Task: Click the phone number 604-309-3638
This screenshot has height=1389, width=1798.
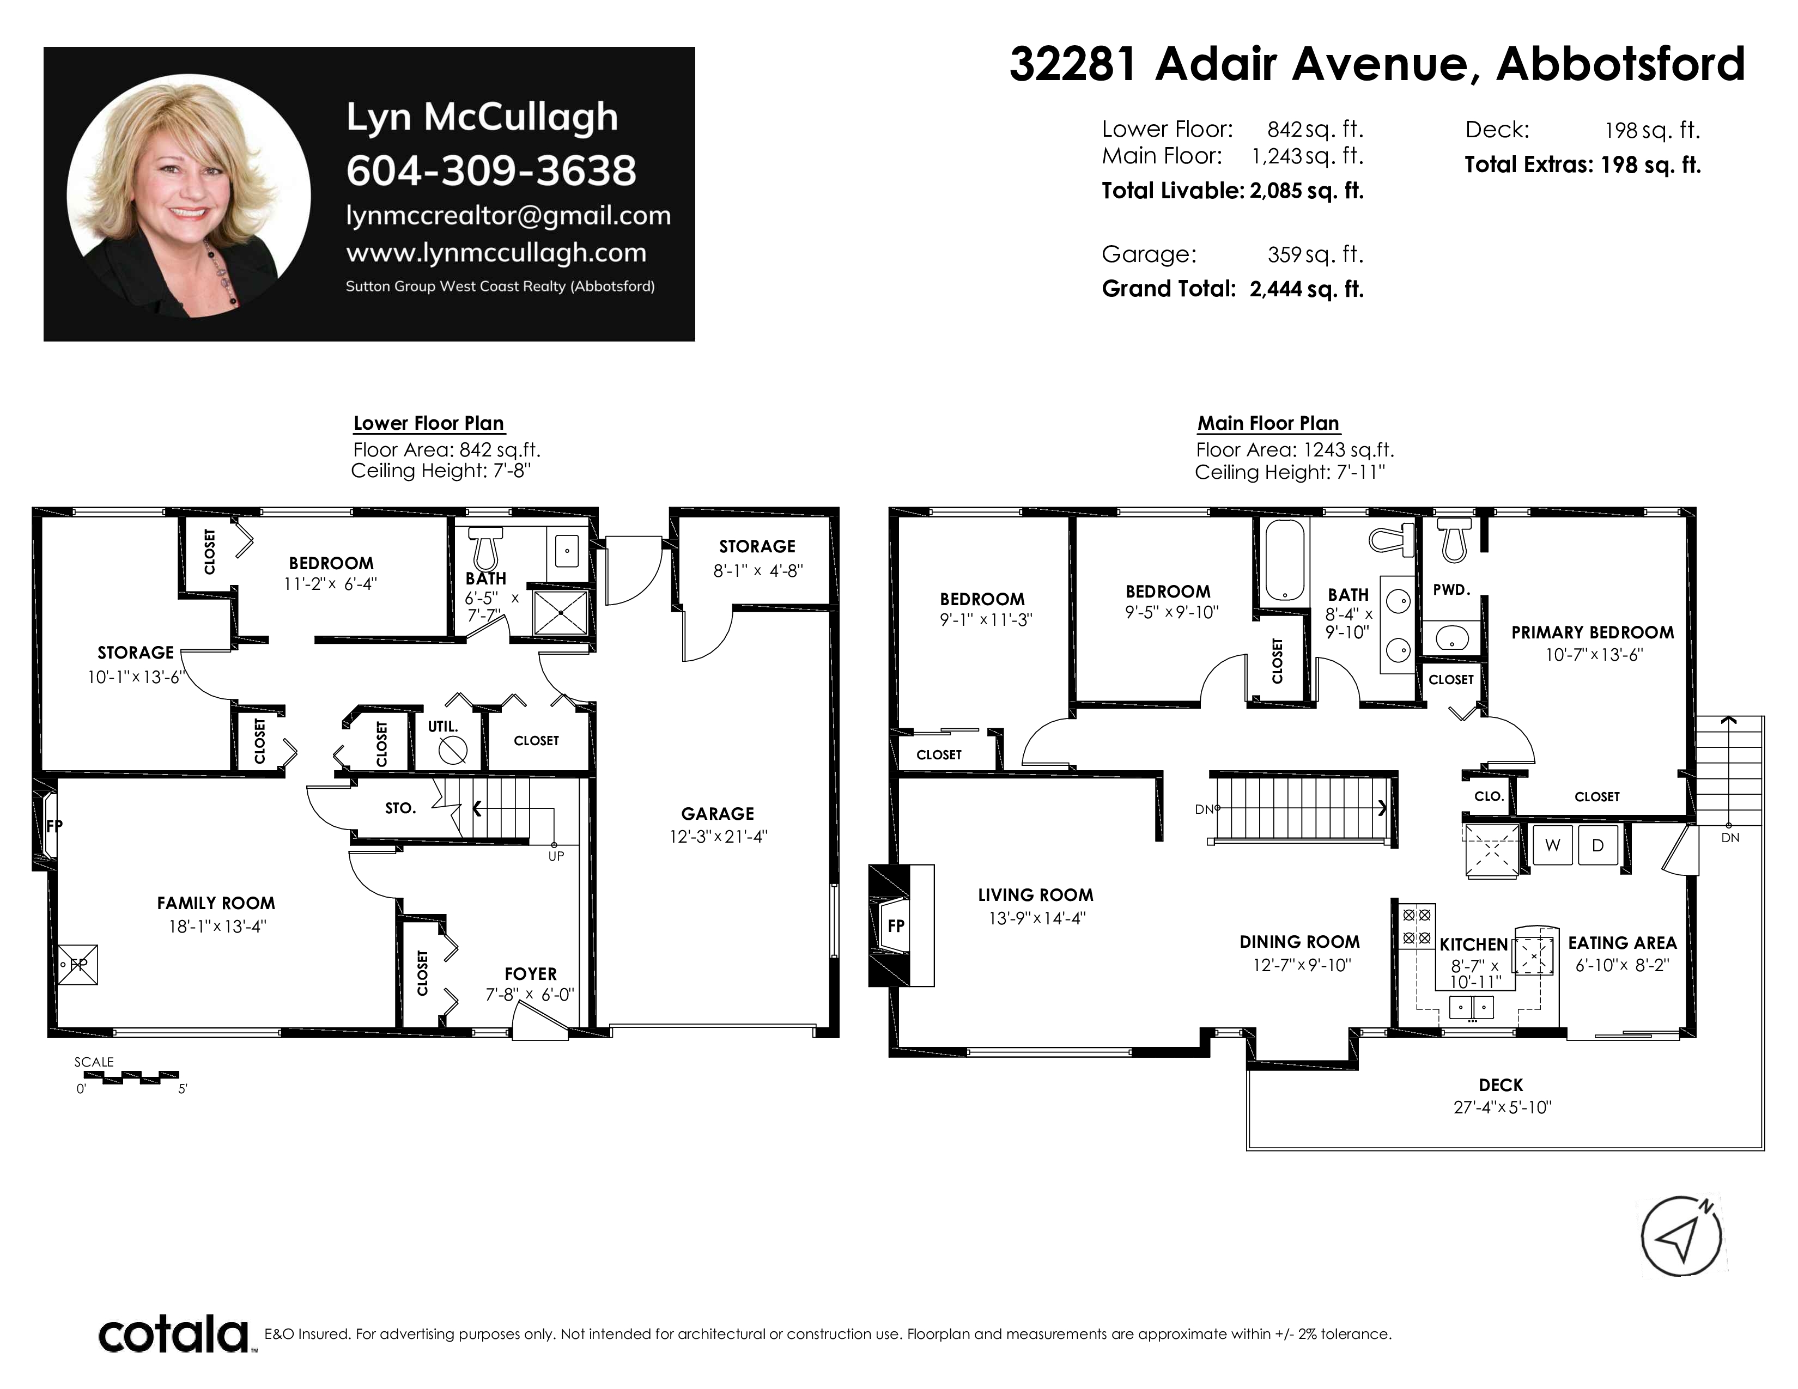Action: pos(491,170)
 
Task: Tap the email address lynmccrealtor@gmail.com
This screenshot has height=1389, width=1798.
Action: pos(508,216)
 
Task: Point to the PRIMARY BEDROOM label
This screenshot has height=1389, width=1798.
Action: pos(1592,632)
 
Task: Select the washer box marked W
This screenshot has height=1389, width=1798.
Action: pos(1553,845)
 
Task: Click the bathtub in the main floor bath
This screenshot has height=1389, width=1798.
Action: pos(1284,559)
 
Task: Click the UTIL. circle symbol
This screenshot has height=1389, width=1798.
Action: pos(453,750)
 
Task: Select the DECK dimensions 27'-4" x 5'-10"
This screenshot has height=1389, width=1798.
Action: pos(1503,1107)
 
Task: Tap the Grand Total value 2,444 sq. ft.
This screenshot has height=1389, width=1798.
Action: pos(1307,289)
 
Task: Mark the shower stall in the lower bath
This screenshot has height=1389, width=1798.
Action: pos(561,612)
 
